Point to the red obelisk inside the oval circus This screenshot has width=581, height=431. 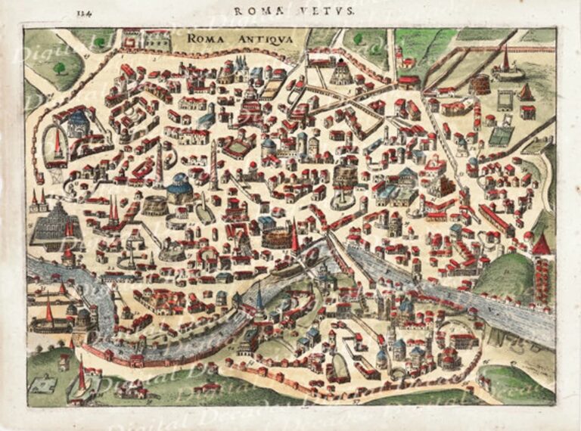(57, 144)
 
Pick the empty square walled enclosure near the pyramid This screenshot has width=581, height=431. (505, 101)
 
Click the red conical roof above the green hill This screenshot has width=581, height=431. (541, 244)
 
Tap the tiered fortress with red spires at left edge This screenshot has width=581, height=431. (50, 223)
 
